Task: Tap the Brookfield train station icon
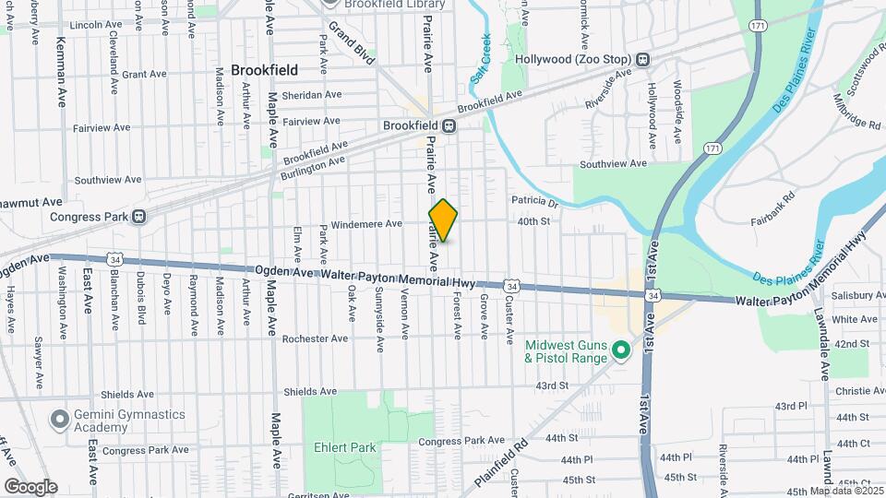point(449,126)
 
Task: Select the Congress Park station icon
point(138,217)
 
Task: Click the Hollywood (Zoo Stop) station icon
point(643,59)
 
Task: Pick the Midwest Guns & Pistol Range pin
point(622,350)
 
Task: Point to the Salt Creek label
point(481,60)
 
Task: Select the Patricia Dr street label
point(535,202)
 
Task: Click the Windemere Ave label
point(367,223)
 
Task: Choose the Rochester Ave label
point(315,338)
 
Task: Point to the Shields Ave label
point(311,392)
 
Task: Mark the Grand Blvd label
point(353,42)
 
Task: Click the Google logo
point(30,487)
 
